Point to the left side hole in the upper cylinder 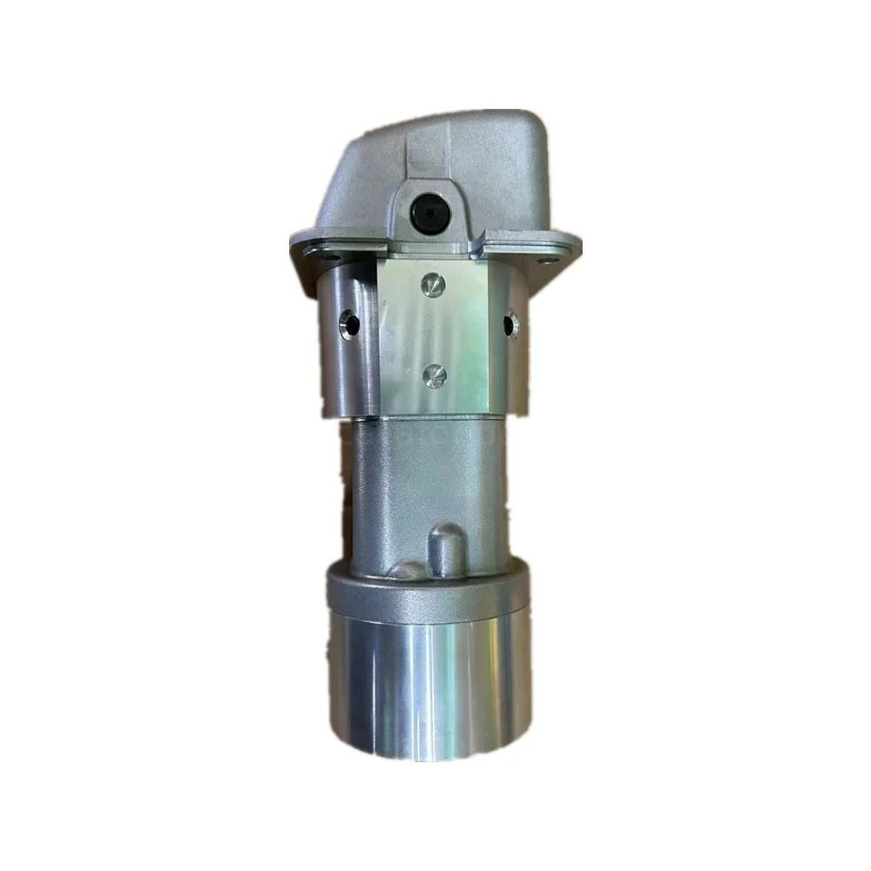350,325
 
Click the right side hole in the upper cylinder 512,325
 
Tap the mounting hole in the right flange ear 546,259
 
